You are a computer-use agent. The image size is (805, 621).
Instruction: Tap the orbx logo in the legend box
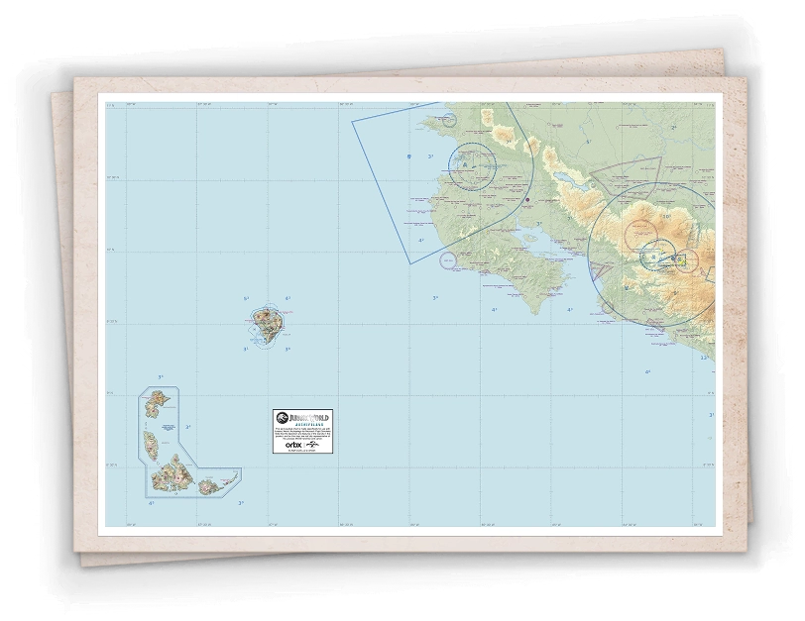[x=293, y=446]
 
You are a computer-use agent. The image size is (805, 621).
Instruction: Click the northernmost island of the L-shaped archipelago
[x=156, y=402]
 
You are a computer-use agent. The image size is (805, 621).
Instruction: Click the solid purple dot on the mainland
[x=529, y=200]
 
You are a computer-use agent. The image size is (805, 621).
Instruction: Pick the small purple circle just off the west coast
[x=447, y=260]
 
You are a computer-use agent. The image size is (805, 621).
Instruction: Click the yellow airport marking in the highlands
[x=679, y=259]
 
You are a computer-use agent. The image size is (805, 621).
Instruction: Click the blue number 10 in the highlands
[x=666, y=215]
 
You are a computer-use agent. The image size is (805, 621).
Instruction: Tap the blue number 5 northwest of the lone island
[x=245, y=298]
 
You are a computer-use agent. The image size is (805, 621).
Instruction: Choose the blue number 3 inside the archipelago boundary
[x=186, y=428]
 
